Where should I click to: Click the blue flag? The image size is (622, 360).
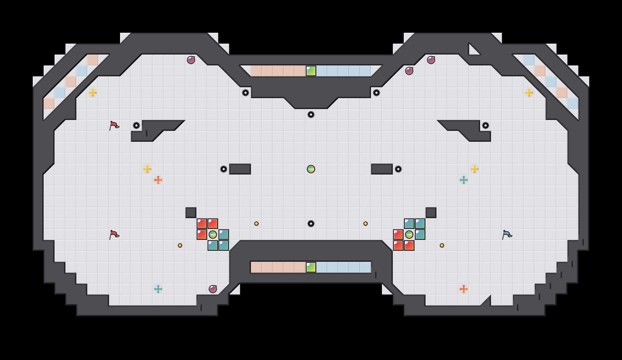coord(507,235)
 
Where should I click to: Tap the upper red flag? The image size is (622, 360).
coord(114,125)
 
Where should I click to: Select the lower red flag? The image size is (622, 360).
coord(114,235)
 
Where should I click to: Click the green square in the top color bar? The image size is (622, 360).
coord(311,71)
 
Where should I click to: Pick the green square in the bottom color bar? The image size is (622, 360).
coord(311,267)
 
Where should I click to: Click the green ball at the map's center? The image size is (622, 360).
coord(311,169)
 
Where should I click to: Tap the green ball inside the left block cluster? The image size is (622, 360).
coord(213,235)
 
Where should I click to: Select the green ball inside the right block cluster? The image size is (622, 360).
coord(409,235)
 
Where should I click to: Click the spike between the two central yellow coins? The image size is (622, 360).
coord(311,224)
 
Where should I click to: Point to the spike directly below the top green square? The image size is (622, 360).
coord(311,115)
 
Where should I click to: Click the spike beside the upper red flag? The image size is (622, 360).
coord(136,125)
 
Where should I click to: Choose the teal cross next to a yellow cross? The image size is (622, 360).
coord(464,180)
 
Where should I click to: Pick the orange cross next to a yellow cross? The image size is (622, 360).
coord(158,180)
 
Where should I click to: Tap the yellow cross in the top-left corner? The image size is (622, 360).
coord(93,93)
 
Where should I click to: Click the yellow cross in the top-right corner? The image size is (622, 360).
coord(529,93)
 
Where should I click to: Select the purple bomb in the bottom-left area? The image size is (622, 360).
coord(213,289)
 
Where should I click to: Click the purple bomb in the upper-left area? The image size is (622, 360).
coord(191,60)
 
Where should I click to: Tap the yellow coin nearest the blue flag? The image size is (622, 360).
coord(442,245)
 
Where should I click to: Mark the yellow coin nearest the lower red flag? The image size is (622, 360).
coord(180,245)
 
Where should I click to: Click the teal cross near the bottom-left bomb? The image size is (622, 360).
coord(158,289)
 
